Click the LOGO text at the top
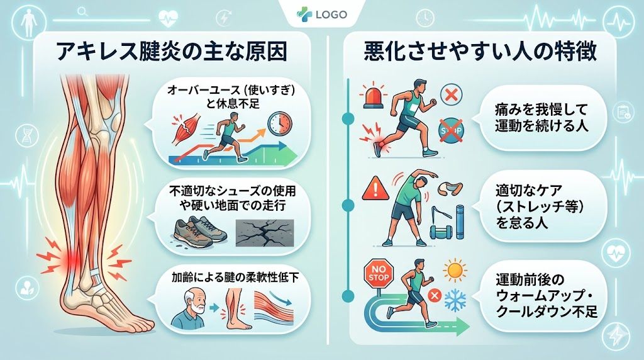331,14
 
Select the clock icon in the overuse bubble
280,123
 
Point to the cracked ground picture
265,233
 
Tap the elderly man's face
195,303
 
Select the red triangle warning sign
375,189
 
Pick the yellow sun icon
455,271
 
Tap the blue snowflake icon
455,300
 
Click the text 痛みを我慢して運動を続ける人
541,117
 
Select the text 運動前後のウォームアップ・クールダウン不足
547,296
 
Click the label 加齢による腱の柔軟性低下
235,278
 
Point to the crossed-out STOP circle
450,131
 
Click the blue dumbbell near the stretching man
441,232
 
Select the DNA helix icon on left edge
27,136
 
